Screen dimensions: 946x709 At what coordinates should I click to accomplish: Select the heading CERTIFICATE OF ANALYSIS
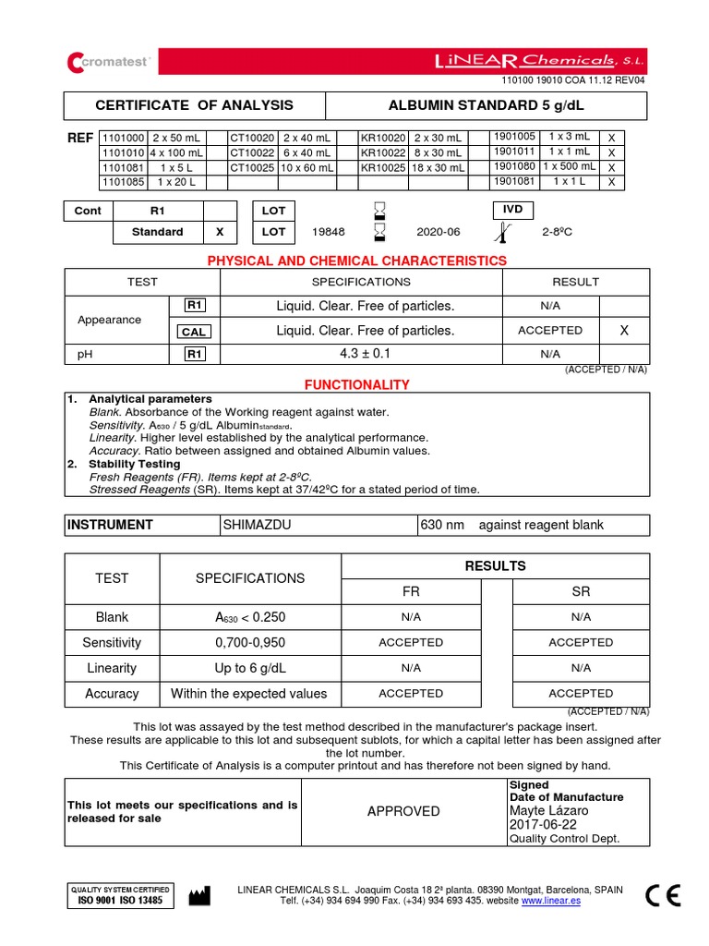[194, 105]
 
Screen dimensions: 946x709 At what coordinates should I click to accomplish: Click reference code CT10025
[252, 168]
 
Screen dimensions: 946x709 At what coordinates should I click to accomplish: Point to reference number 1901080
[514, 167]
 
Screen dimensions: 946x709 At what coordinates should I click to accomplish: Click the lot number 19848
[328, 232]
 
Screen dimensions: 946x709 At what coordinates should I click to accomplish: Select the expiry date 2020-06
[438, 232]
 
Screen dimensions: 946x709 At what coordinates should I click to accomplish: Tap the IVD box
[513, 210]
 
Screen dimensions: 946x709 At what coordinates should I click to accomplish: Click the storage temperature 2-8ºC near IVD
[558, 232]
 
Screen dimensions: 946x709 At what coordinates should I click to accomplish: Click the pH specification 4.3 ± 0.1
[366, 354]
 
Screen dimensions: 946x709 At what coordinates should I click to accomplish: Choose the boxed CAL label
[194, 332]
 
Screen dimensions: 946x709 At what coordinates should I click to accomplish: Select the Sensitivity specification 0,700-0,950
[249, 642]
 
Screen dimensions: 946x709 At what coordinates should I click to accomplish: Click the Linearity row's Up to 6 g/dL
[249, 668]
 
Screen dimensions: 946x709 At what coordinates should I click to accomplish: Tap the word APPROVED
[403, 811]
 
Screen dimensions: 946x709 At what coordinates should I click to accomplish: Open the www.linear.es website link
[551, 901]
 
